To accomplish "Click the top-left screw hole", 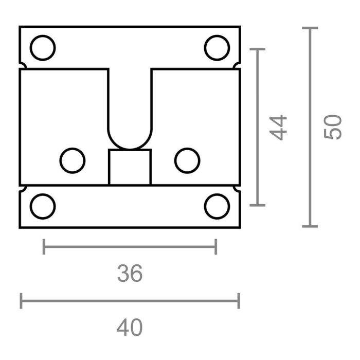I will (x=43, y=47).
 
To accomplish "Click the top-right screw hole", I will (x=217, y=47).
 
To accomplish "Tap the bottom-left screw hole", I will (x=43, y=206).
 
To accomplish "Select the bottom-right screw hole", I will (x=217, y=206).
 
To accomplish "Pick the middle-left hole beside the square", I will (x=73, y=160).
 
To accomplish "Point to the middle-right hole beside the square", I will (x=187, y=160).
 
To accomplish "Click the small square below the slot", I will (x=130, y=167).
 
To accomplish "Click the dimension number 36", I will (x=129, y=274).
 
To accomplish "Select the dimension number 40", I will (x=129, y=328).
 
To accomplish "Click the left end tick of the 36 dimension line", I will (x=44, y=247).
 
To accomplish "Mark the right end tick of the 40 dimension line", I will (x=239, y=301).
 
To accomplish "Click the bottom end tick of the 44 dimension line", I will (x=257, y=205).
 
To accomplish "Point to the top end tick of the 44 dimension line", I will (x=257, y=49).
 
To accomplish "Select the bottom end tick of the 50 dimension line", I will (x=310, y=226).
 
